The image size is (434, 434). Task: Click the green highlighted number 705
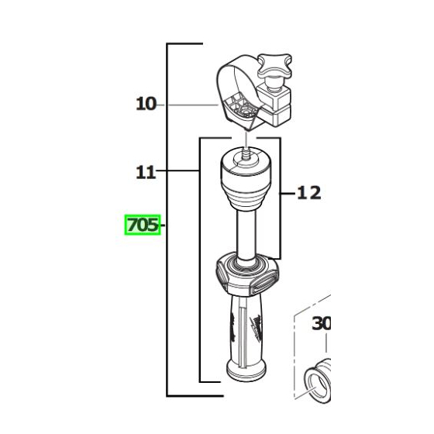(142, 226)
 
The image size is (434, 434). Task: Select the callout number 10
(146, 103)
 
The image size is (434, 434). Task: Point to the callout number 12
(308, 192)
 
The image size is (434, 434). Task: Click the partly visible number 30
(321, 323)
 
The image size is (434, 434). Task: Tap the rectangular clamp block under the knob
(280, 105)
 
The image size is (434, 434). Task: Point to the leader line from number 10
(190, 103)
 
